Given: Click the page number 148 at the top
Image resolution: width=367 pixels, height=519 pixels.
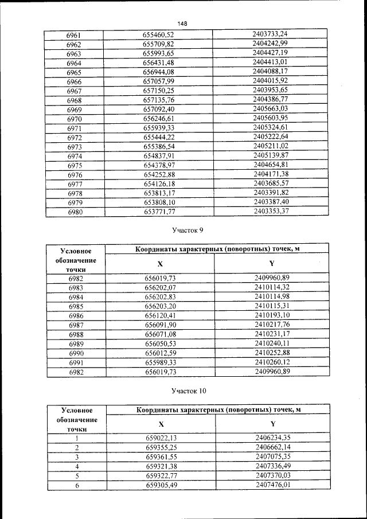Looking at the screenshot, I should click(x=183, y=24).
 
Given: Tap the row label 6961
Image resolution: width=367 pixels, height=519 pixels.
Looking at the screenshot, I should click(x=74, y=35).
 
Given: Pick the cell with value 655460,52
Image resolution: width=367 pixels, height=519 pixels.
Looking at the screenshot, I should click(x=158, y=35).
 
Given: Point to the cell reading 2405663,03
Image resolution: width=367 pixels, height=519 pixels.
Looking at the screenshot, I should click(x=270, y=108).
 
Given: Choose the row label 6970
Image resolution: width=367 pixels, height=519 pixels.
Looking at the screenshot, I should click(x=74, y=118).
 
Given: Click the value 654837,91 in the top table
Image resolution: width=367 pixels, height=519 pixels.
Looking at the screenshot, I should click(x=158, y=155).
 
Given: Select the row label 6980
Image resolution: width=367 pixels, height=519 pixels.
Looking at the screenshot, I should click(x=74, y=212).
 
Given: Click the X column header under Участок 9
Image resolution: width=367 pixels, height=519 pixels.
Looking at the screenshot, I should click(x=160, y=264).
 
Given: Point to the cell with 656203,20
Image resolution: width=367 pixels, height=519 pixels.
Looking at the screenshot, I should click(x=160, y=306).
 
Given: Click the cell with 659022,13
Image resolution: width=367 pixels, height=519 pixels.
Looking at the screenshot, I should click(x=161, y=438).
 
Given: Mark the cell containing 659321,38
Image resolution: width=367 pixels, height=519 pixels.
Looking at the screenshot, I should click(x=161, y=466).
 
